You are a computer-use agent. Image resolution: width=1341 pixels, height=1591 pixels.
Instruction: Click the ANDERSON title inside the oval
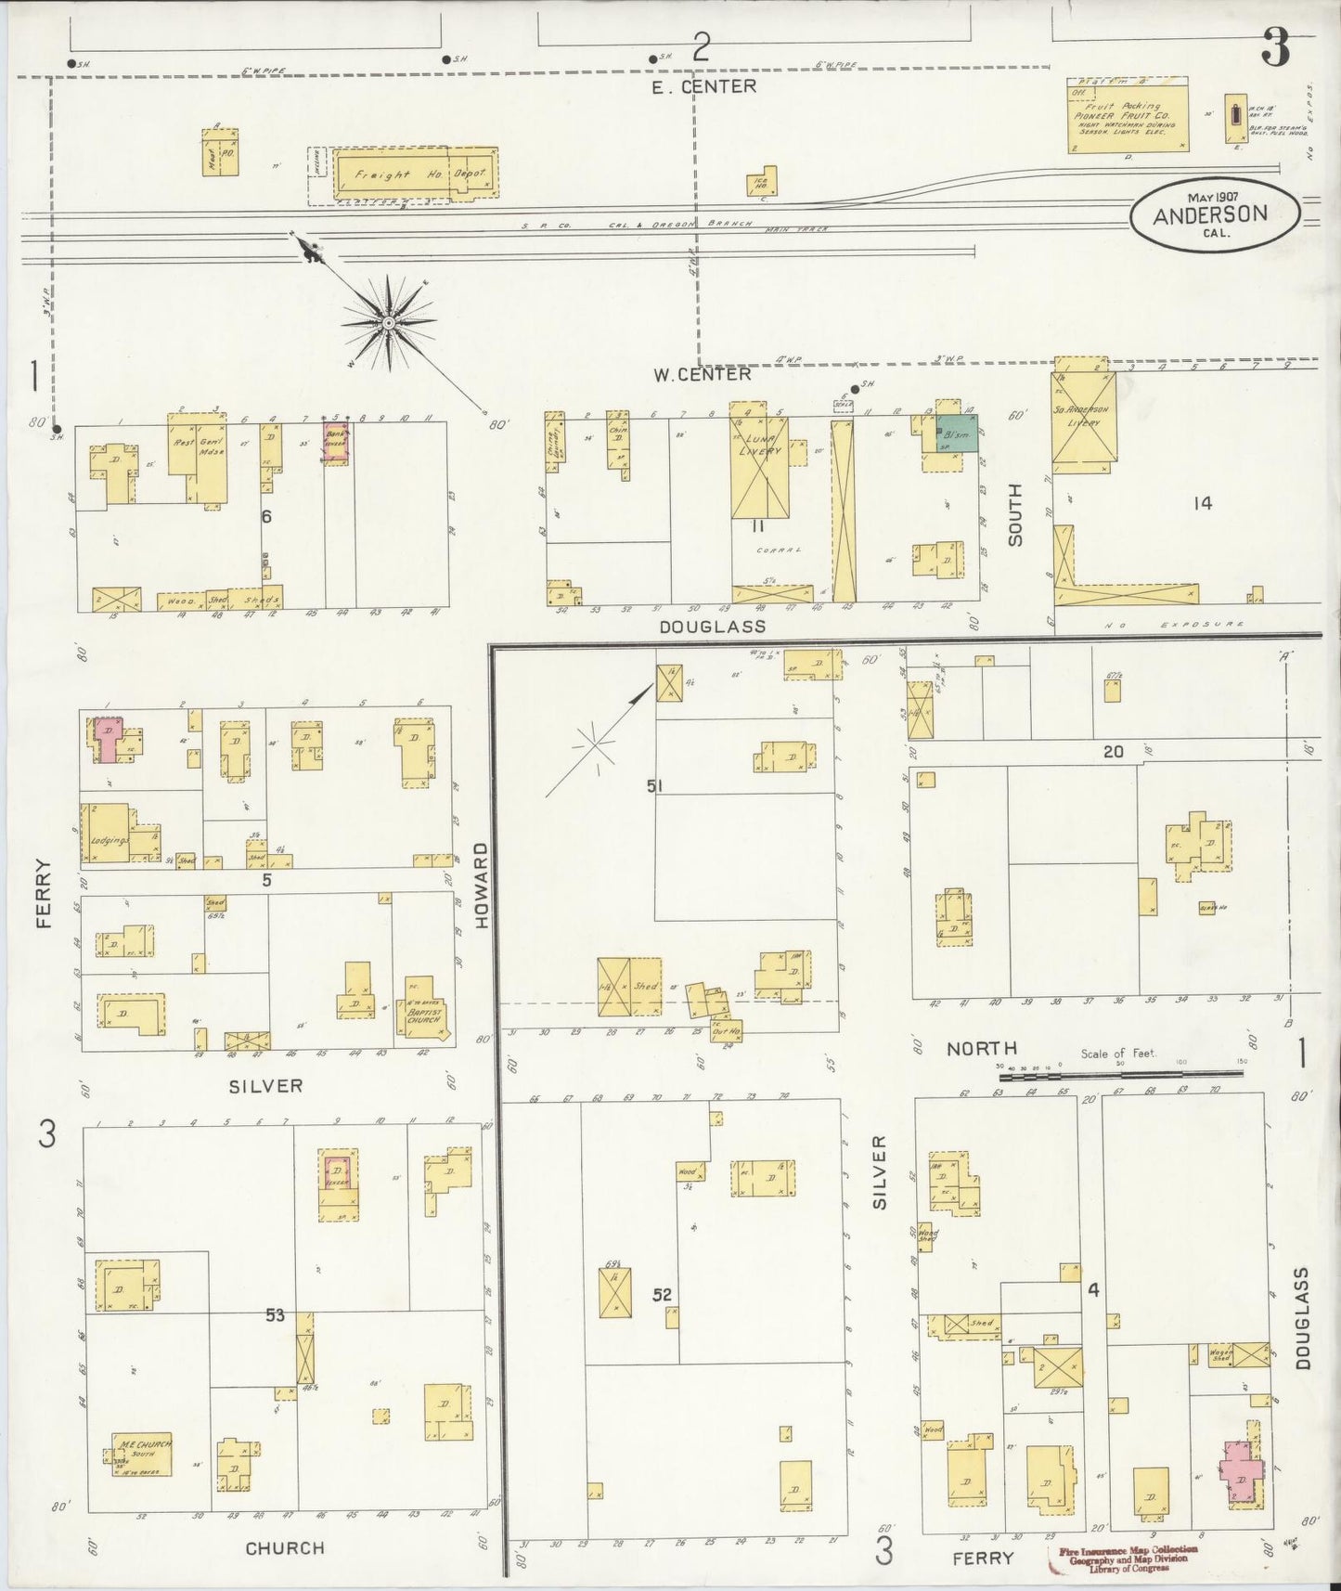[1210, 214]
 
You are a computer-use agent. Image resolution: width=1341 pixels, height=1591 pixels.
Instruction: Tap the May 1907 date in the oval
[1212, 197]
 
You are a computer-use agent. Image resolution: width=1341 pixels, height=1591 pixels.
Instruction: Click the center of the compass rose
[388, 322]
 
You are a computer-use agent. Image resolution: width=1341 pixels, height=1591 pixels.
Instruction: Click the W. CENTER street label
[702, 375]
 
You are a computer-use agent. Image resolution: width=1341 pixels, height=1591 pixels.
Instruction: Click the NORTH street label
[982, 1049]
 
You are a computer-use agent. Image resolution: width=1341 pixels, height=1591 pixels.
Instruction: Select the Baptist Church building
[425, 1017]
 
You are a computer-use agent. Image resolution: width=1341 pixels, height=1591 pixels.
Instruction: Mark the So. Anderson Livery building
[1080, 420]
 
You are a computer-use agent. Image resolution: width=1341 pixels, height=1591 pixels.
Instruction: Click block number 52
[662, 1295]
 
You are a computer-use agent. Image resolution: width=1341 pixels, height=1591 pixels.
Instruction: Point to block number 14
[1203, 504]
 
